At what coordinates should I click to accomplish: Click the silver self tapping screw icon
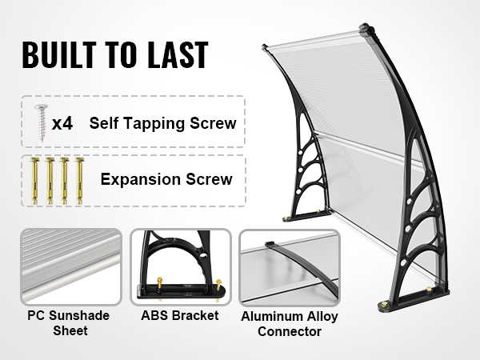[42, 122]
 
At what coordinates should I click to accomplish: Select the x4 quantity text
[62, 123]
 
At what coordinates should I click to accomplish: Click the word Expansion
[141, 179]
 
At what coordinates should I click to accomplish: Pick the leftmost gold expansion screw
[34, 181]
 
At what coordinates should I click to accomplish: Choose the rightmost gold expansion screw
[79, 181]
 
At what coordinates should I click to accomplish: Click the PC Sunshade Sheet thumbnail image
[71, 266]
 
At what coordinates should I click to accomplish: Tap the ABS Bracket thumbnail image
[181, 267]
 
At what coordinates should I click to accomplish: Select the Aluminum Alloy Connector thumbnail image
[290, 267]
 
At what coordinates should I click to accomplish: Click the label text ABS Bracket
[180, 316]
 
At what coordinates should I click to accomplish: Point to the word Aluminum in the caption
[270, 317]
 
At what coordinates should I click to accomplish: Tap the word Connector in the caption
[290, 331]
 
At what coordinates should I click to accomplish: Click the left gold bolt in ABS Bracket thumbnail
[159, 283]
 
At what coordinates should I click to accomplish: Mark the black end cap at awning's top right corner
[366, 29]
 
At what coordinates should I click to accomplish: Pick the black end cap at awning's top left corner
[265, 47]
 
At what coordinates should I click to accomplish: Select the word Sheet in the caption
[70, 331]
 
